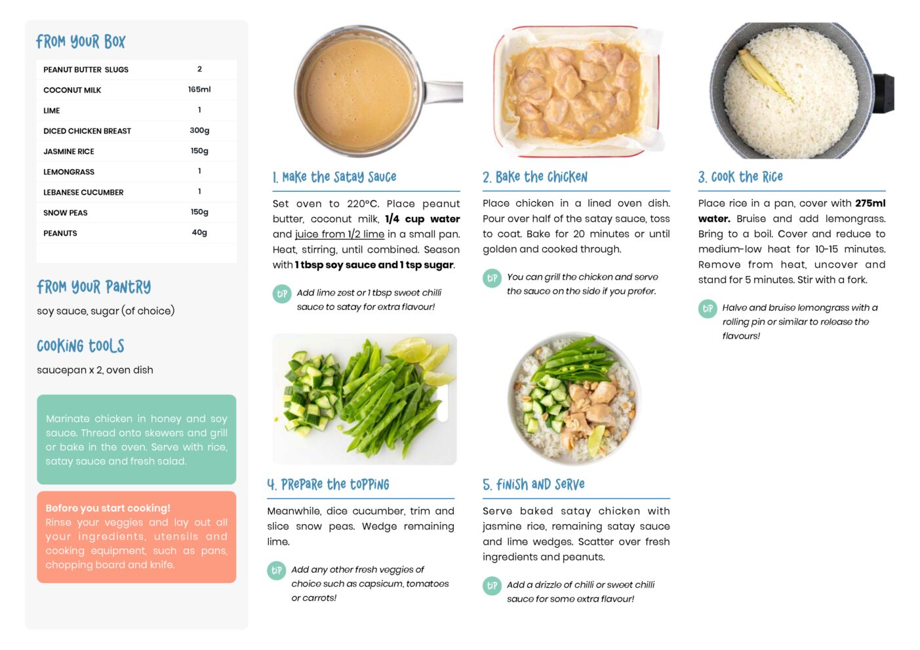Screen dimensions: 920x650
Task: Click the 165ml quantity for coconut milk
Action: click(199, 90)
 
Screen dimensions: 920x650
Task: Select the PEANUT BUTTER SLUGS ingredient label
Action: click(86, 69)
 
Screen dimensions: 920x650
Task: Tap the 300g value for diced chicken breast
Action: click(199, 130)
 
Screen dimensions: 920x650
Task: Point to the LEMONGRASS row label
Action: click(69, 172)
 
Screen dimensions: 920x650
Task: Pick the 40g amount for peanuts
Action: click(199, 233)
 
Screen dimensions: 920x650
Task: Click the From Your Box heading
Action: click(81, 41)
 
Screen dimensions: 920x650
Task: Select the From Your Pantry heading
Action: click(94, 287)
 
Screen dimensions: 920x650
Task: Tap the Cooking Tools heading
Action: click(81, 346)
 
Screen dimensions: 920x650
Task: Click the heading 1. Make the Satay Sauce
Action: click(334, 177)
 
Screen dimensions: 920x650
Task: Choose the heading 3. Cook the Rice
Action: click(740, 177)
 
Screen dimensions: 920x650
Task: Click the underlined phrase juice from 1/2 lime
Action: click(340, 235)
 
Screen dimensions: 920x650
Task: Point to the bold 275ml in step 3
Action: click(870, 203)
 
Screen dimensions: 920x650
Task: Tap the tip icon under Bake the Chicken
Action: click(492, 278)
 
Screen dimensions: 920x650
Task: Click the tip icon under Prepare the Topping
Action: click(277, 571)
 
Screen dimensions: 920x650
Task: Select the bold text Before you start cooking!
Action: click(108, 508)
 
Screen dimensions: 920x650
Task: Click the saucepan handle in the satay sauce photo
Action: click(443, 92)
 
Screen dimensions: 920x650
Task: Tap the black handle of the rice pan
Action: click(883, 94)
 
